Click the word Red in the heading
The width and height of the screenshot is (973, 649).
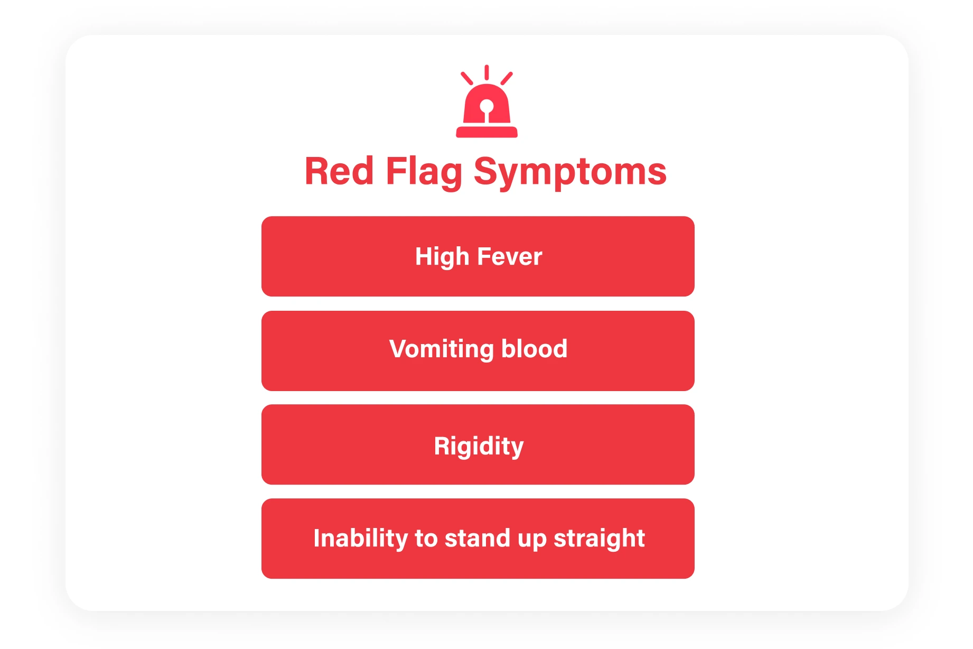[339, 171]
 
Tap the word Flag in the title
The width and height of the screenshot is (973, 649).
[424, 172]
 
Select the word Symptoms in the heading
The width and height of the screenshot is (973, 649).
[570, 172]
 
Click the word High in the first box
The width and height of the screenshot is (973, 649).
[442, 257]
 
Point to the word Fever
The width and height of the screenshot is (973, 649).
[509, 257]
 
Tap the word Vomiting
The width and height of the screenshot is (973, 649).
[441, 349]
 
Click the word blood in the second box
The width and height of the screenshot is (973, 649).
[534, 349]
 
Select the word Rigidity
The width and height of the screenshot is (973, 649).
[479, 446]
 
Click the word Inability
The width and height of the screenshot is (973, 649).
[360, 539]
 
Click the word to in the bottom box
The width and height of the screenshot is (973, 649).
[426, 539]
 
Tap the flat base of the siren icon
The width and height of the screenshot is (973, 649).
[486, 132]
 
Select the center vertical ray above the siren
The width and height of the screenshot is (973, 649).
[486, 72]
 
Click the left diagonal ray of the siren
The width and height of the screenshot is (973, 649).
[466, 78]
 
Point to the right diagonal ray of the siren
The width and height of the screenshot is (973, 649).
[507, 78]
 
